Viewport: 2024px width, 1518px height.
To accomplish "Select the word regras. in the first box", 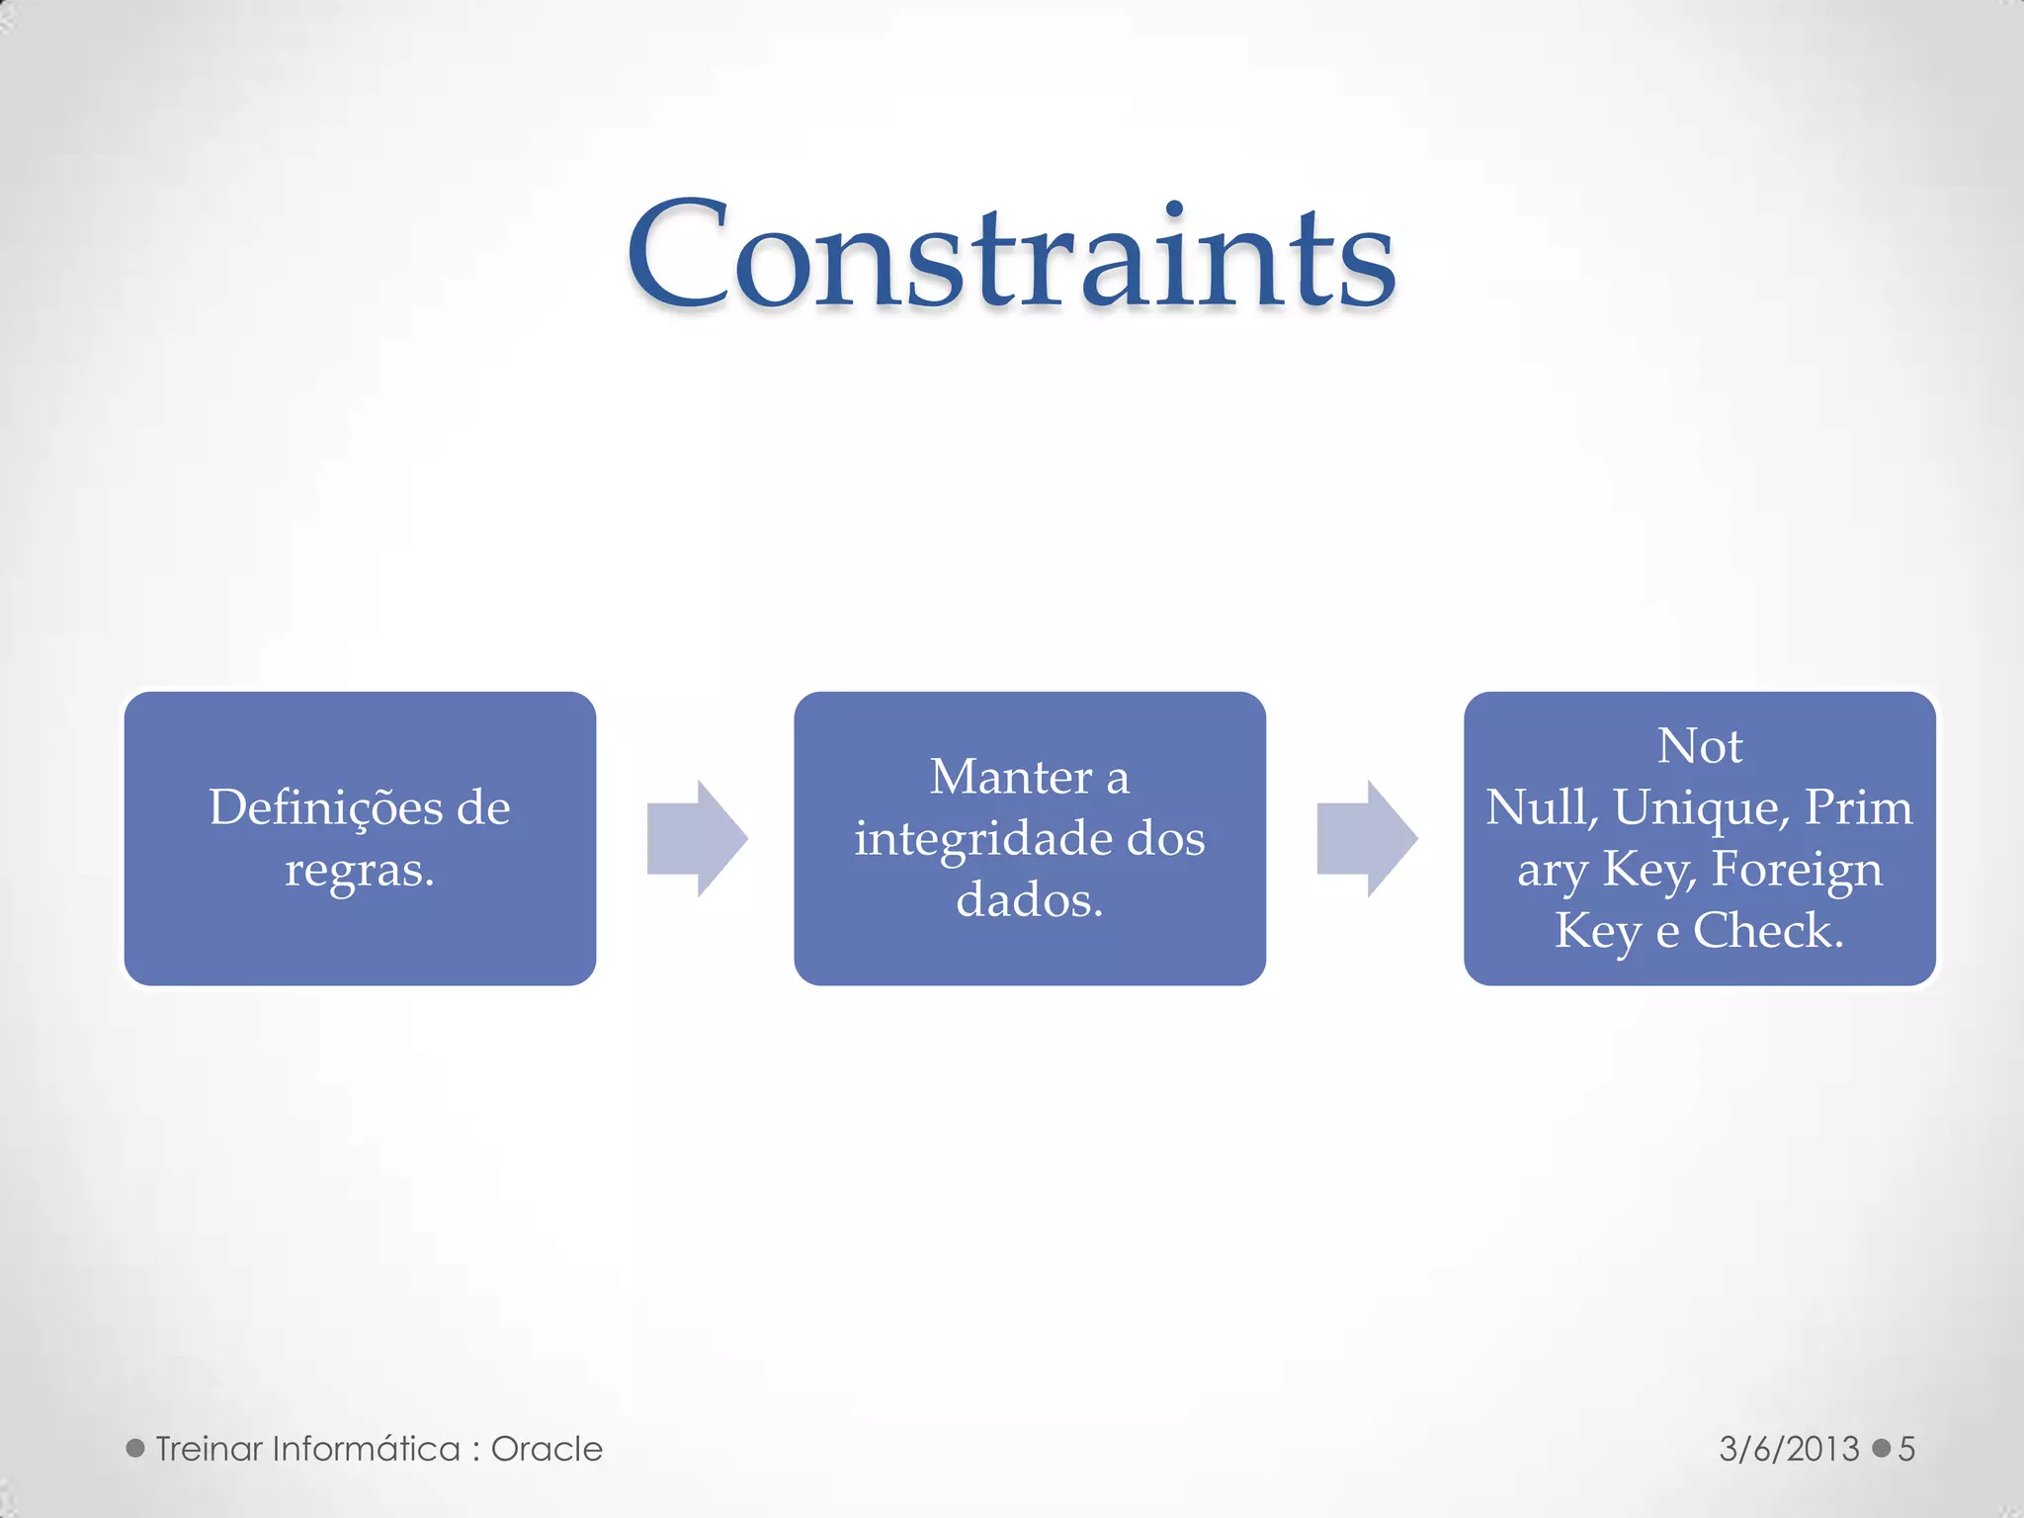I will click(x=360, y=870).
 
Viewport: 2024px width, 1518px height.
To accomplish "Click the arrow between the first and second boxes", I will click(x=697, y=838).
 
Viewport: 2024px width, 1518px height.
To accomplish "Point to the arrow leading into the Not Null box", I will click(x=1367, y=838).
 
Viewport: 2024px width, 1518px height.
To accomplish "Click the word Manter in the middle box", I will click(x=1009, y=778).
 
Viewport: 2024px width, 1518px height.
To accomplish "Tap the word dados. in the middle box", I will click(x=1029, y=900).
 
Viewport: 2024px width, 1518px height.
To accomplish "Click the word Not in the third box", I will click(x=1699, y=746).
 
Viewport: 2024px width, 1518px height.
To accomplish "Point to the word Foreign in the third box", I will click(x=1797, y=870).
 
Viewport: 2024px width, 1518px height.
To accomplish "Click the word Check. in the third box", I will click(x=1768, y=931).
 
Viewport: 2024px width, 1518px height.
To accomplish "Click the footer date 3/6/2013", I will click(x=1789, y=1449).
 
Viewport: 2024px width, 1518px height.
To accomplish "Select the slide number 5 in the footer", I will click(x=1906, y=1449).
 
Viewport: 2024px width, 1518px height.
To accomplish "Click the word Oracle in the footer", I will click(x=547, y=1449).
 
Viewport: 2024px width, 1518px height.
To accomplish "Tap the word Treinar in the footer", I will click(x=209, y=1449).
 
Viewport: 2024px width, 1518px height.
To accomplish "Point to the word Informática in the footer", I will click(x=367, y=1449).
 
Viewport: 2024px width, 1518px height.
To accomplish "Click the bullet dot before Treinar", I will click(x=135, y=1449).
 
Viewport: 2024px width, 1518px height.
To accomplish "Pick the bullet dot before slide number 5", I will click(x=1882, y=1449).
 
